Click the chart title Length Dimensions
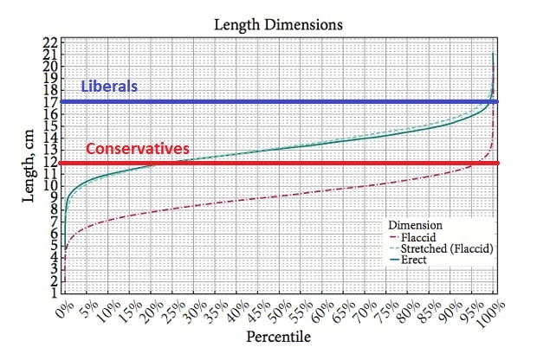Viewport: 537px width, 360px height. (278, 25)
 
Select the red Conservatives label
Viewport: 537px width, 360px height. (137, 149)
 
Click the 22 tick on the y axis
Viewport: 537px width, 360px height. (50, 42)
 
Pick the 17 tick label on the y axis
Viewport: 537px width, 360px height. (50, 102)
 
